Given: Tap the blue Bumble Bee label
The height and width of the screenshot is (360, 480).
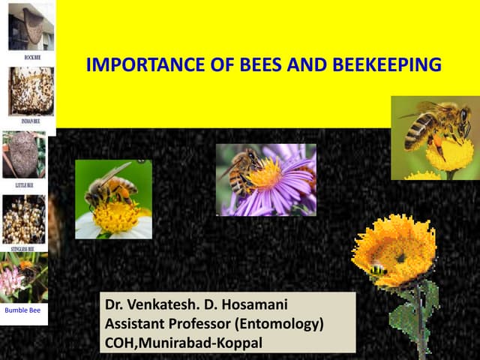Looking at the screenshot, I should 22,309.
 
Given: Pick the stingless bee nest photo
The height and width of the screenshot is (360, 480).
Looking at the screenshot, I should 24,219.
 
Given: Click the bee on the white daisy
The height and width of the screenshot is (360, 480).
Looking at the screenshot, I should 109,186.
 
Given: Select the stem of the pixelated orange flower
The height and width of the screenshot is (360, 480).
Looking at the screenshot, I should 420,322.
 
